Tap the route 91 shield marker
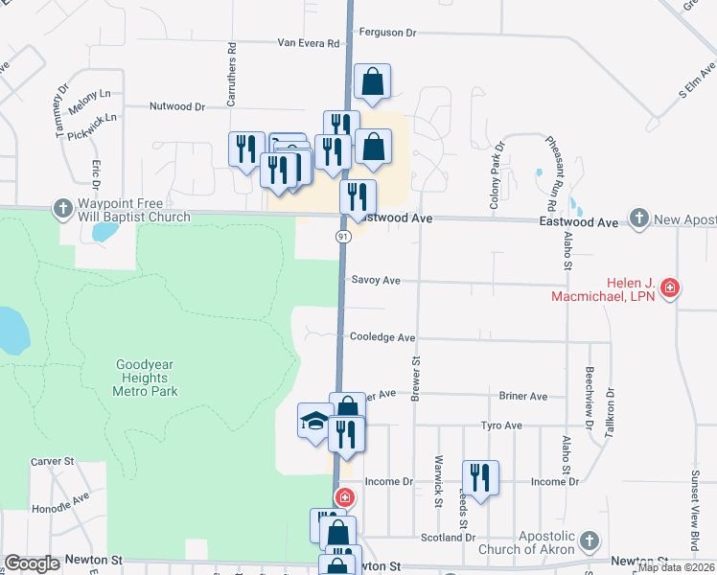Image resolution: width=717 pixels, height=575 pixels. (x=342, y=236)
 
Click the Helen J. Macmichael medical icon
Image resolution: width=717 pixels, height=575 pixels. (x=670, y=287)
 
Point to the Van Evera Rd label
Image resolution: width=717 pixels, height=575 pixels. (x=309, y=43)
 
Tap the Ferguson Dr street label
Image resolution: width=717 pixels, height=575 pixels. (x=388, y=33)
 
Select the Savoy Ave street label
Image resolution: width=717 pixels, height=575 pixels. (x=376, y=281)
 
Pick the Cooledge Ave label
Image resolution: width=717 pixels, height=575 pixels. (x=382, y=337)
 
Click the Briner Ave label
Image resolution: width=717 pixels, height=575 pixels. (x=522, y=396)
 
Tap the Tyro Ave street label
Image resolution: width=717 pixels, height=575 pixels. (x=501, y=425)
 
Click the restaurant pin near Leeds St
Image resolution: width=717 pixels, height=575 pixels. (x=479, y=475)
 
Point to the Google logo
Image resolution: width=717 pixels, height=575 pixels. (x=32, y=563)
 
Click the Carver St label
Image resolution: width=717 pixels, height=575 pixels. (x=53, y=461)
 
